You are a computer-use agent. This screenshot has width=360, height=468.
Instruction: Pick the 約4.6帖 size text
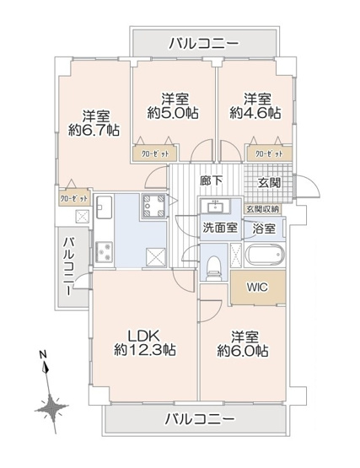point(255,112)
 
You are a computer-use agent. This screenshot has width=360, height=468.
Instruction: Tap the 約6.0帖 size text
point(243,349)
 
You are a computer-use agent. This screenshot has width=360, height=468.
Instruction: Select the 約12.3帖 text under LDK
point(145,349)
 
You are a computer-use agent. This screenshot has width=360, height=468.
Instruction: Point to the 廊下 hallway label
point(210,180)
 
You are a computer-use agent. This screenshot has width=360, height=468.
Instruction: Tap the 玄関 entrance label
point(269,184)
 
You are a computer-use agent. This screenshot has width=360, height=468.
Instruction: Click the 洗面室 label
point(218,228)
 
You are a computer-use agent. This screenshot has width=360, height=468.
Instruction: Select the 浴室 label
point(264,228)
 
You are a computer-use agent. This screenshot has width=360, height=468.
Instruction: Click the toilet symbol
point(215,261)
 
